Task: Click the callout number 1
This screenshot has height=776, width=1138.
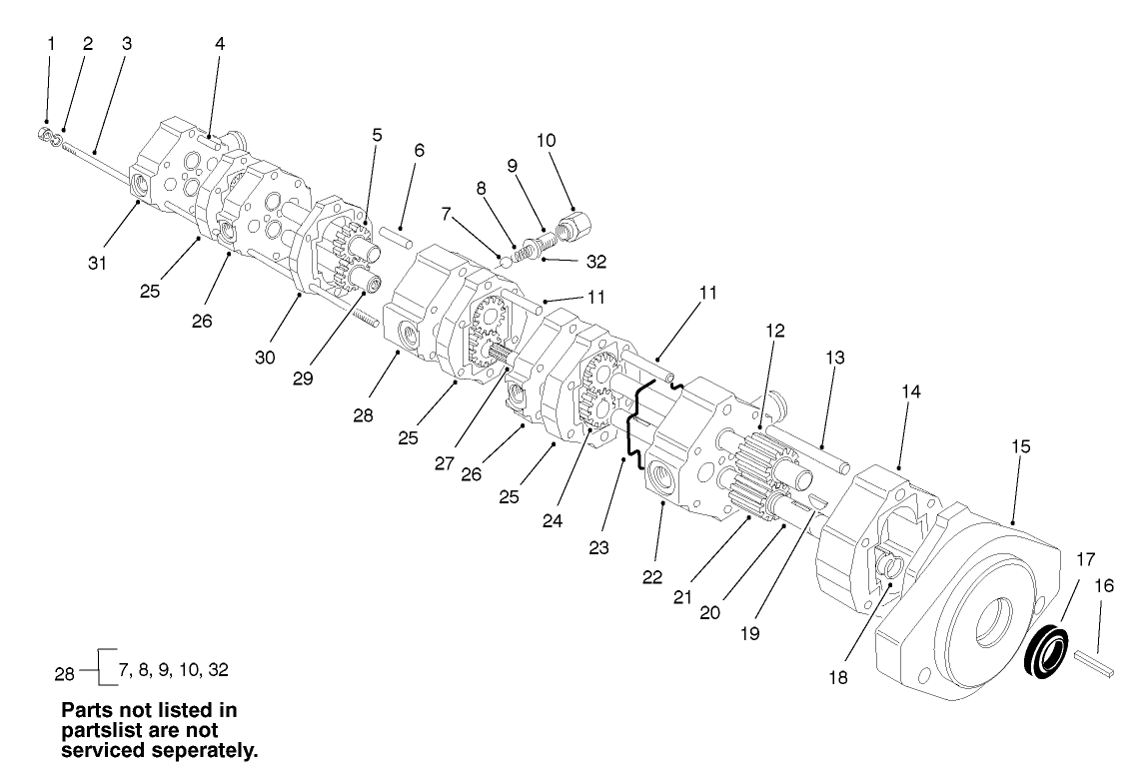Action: [x=51, y=44]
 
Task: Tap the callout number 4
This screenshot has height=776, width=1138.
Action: [x=220, y=44]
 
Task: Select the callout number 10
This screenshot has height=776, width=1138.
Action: [x=547, y=140]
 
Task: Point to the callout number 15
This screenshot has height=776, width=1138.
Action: [x=1020, y=445]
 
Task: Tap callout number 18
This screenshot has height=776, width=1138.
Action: [x=836, y=676]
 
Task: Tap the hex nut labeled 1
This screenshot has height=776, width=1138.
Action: [x=45, y=133]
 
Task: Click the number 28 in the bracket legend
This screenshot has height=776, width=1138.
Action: [x=65, y=672]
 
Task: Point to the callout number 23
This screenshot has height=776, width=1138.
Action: [x=597, y=547]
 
